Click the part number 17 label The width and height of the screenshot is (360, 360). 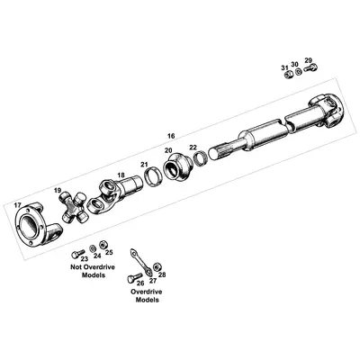click(17, 206)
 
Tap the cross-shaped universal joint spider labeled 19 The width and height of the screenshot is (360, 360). click(75, 208)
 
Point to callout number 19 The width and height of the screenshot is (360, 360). click(58, 192)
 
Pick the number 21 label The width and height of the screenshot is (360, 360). click(143, 164)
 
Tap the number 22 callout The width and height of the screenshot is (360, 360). click(193, 148)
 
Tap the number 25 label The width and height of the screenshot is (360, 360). click(109, 255)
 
